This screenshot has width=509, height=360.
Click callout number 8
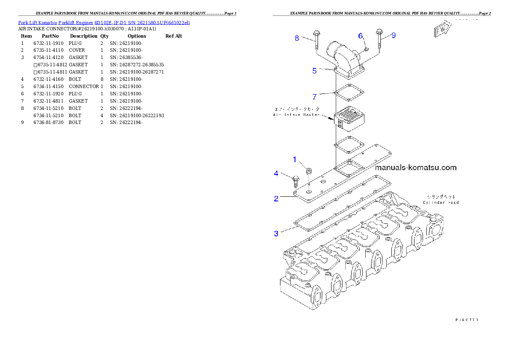297,38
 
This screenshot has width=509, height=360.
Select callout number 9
393,35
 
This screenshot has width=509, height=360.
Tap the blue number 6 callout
360,35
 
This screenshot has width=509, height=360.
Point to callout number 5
314,71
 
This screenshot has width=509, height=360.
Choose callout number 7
314,97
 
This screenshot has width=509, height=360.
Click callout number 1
294,159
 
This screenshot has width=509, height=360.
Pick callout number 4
276,173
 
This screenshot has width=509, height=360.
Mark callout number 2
276,198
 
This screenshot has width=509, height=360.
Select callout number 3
276,233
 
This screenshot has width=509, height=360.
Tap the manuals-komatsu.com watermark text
415,168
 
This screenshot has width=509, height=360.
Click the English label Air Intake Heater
296,115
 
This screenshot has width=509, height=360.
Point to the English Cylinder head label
441,202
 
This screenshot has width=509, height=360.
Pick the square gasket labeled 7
349,94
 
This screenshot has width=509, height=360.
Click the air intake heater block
349,120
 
